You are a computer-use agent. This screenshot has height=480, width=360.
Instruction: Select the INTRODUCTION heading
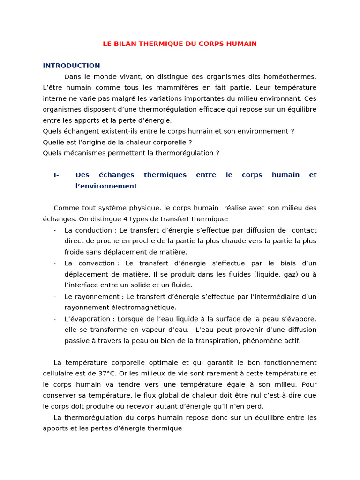[x=71, y=66]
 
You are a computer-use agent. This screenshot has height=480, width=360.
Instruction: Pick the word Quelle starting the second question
[x=52, y=142]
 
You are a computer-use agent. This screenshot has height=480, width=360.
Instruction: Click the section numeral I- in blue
[x=56, y=175]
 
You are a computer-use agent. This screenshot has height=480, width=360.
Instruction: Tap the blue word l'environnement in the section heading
[x=106, y=186]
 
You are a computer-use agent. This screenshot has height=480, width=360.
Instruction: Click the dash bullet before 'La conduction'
[x=55, y=231]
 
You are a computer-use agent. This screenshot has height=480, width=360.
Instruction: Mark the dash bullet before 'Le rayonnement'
[x=55, y=297]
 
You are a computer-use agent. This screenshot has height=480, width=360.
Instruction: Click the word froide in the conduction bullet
[x=74, y=252]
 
